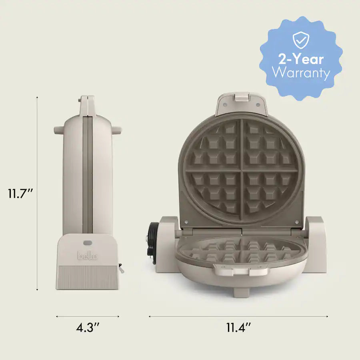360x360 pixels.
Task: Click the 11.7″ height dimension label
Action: (20, 194)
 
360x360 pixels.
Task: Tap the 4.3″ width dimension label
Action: (88, 328)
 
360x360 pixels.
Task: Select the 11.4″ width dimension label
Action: (238, 328)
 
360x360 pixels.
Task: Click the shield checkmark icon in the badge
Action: (301, 40)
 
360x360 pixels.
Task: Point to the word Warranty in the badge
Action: (301, 74)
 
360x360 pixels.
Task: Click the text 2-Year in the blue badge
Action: (301, 59)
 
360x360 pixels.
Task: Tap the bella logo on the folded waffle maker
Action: (87, 255)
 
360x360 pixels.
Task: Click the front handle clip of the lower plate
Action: (241, 272)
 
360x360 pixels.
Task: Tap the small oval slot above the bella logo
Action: (87, 242)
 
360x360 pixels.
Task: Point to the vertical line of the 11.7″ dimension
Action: (37, 194)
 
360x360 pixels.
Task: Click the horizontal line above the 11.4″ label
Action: (238, 316)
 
